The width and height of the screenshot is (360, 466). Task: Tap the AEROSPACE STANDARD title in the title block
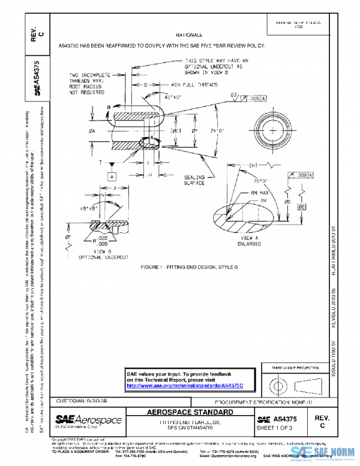pyautogui.click(x=190, y=414)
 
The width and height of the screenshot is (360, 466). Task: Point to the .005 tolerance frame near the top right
pyautogui.click(x=254, y=97)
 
